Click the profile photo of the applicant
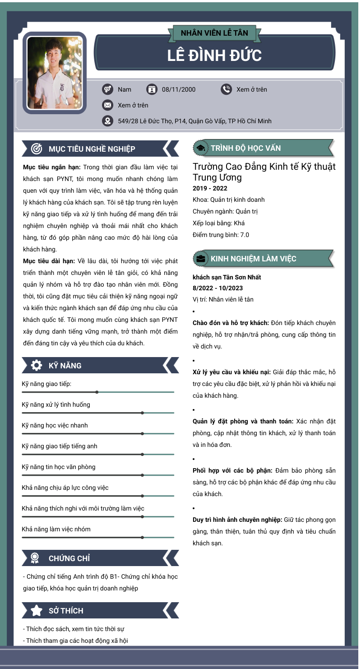(x=55, y=73)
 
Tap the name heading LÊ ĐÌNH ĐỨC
(x=214, y=55)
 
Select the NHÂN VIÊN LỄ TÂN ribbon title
(x=214, y=33)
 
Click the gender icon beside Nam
(x=107, y=89)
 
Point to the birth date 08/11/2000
(x=179, y=89)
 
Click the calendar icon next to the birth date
(x=152, y=89)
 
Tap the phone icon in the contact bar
(x=226, y=89)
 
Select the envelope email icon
(x=107, y=105)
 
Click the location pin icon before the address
(x=107, y=121)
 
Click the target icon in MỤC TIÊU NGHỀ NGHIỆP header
(x=37, y=149)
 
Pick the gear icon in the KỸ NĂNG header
(x=37, y=365)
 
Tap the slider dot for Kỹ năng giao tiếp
(x=97, y=392)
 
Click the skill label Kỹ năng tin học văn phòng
(x=59, y=467)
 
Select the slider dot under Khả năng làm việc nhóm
(x=142, y=537)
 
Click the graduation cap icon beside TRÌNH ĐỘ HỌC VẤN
(x=200, y=148)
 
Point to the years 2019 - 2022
(x=210, y=188)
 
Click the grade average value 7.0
(x=244, y=235)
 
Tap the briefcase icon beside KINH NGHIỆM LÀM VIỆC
(x=200, y=259)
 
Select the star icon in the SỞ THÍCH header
(x=37, y=611)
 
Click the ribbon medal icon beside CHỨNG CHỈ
(x=35, y=558)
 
